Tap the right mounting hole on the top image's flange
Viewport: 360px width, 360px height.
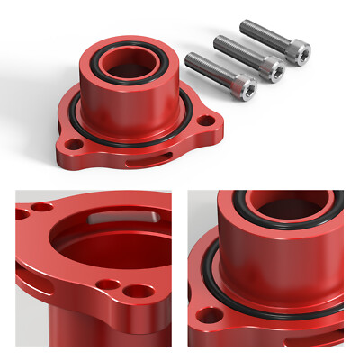[x=206, y=120]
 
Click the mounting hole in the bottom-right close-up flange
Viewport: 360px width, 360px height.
[x=211, y=315]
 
